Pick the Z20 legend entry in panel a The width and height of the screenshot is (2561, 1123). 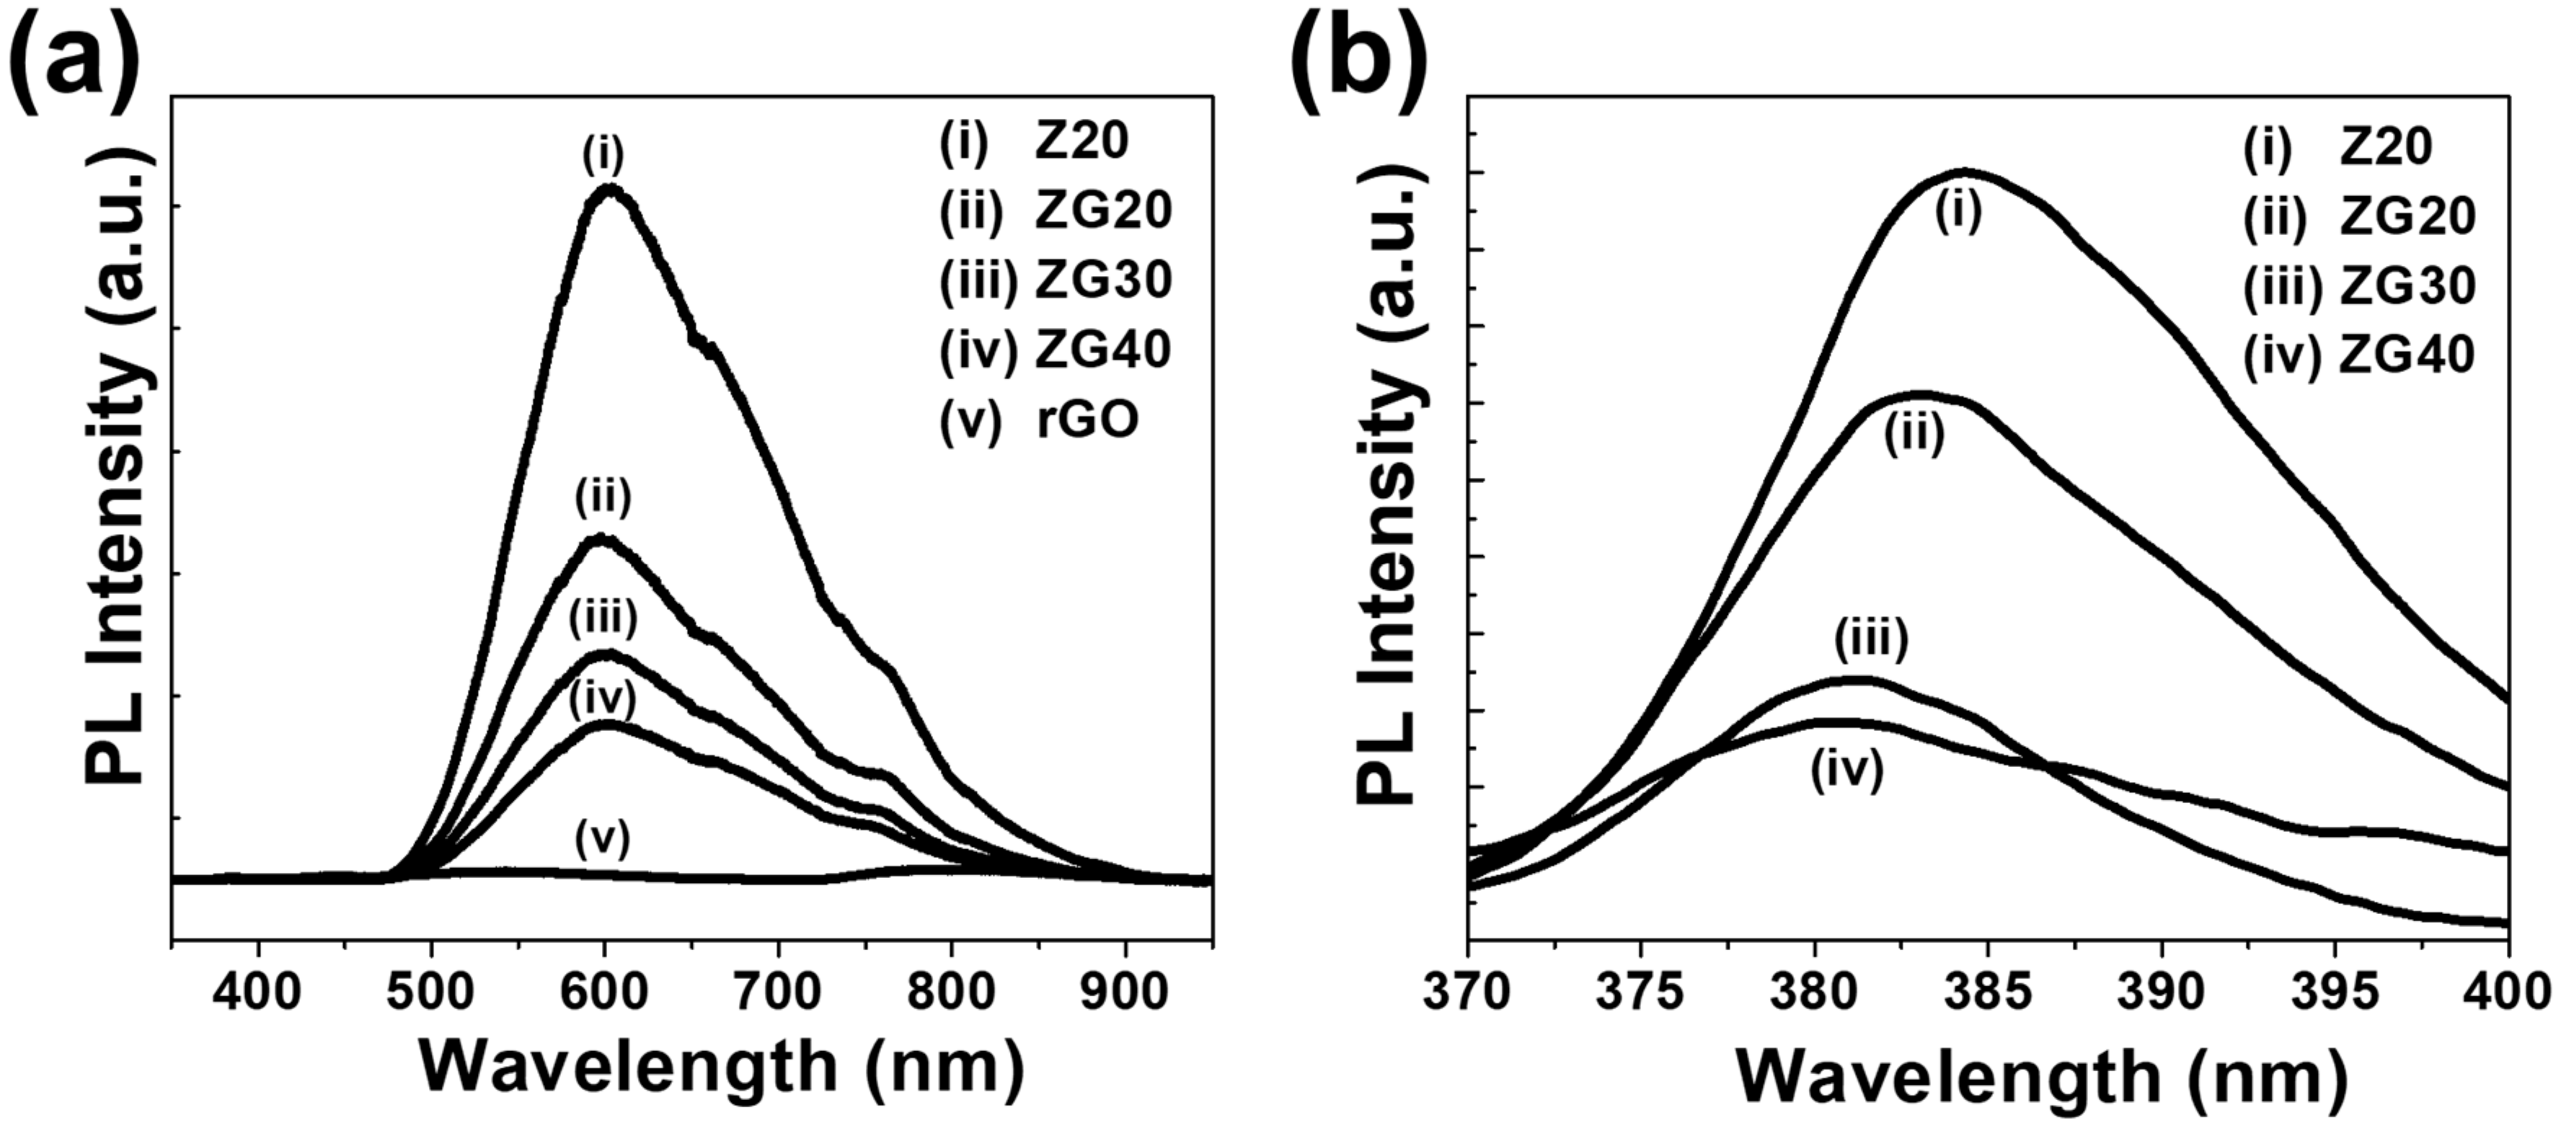(x=1035, y=141)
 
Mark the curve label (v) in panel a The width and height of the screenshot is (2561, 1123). (x=603, y=840)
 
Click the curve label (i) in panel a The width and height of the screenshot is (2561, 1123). (x=603, y=155)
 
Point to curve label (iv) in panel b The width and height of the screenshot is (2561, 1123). (x=1846, y=772)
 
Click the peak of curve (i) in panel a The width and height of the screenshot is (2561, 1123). (x=609, y=189)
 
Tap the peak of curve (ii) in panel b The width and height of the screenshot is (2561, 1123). (x=1921, y=394)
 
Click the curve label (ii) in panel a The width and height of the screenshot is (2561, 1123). (x=603, y=498)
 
